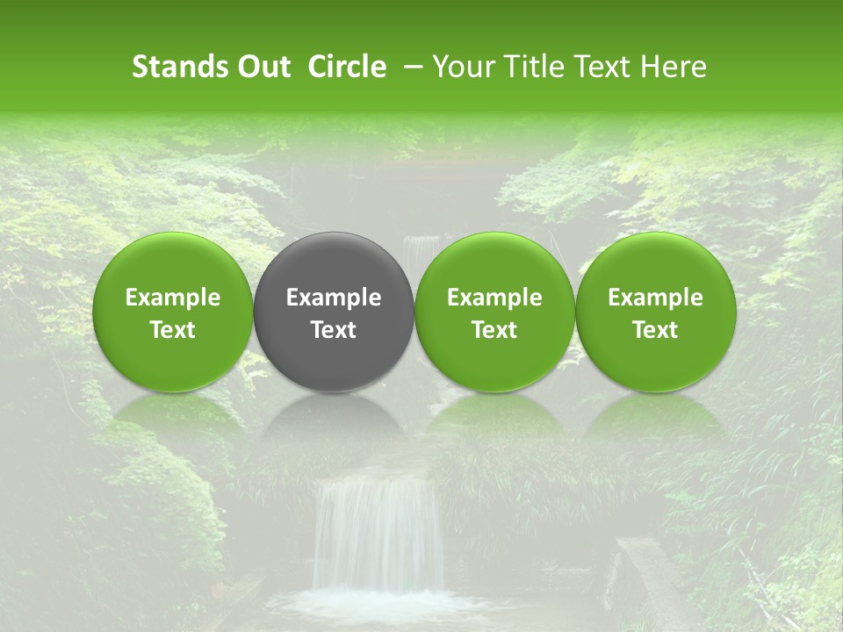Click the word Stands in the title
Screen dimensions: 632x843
click(x=177, y=67)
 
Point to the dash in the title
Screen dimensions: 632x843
click(x=409, y=67)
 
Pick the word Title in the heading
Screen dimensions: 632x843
click(x=536, y=67)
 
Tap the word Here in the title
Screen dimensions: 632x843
click(x=674, y=67)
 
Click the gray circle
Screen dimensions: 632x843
click(x=334, y=312)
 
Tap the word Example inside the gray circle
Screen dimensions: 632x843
click(x=334, y=298)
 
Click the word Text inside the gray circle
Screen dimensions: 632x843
click(x=334, y=330)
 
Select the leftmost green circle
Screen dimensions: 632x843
click(x=173, y=312)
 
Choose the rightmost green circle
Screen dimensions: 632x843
click(x=656, y=312)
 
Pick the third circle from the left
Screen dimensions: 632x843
click(x=494, y=312)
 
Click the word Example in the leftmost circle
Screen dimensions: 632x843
click(x=173, y=298)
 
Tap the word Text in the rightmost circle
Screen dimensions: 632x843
click(x=656, y=330)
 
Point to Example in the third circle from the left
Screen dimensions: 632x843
click(x=494, y=298)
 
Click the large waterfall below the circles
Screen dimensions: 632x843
click(x=378, y=535)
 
